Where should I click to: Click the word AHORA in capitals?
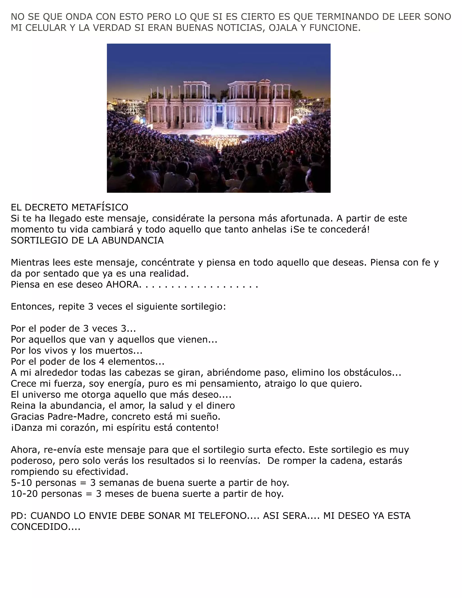tap(123, 285)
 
